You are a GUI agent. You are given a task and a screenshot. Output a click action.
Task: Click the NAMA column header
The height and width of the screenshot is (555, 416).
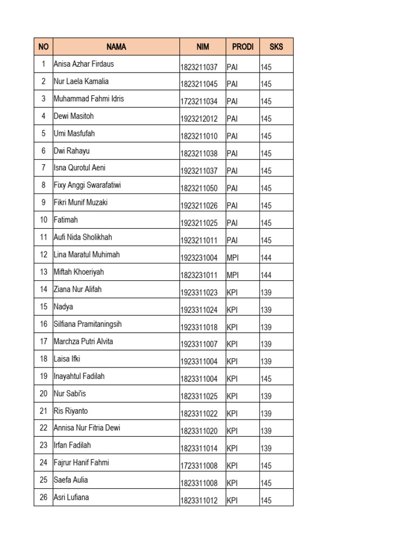[116, 47]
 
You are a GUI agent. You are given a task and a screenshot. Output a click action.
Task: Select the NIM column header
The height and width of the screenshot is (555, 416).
[203, 47]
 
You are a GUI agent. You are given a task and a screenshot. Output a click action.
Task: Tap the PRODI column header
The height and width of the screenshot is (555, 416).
[243, 47]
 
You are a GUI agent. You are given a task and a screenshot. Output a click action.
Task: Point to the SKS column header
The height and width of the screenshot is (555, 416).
[276, 47]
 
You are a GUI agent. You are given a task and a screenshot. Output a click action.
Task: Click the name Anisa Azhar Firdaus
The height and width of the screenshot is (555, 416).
[84, 64]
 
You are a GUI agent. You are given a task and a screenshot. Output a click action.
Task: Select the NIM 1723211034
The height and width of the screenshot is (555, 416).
[199, 101]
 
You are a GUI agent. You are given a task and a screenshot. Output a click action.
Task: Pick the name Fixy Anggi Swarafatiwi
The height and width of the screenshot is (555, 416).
[87, 185]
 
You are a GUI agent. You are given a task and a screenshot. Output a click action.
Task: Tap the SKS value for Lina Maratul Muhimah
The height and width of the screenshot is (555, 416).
[266, 257]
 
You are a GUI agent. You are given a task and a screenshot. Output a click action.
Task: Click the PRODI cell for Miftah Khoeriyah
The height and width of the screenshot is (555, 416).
[232, 275]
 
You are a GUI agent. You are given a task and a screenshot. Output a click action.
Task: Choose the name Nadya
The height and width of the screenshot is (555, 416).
[63, 307]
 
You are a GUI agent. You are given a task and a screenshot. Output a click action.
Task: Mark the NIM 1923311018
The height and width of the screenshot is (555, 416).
[199, 327]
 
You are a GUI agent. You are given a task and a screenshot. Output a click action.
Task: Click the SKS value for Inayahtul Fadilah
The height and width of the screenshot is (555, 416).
[266, 379]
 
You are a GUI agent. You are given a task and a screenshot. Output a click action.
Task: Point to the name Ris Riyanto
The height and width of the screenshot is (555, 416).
[71, 411]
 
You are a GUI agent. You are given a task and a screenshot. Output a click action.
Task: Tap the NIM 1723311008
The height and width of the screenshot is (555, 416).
[199, 466]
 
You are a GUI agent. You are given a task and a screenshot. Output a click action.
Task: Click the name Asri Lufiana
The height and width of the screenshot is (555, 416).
[71, 498]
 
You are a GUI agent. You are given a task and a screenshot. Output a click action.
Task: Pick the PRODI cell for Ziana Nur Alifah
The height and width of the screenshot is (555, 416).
[232, 292]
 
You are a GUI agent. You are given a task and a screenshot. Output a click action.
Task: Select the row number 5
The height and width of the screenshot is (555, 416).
[43, 133]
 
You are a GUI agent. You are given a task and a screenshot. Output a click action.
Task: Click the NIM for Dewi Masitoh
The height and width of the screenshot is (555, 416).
[199, 119]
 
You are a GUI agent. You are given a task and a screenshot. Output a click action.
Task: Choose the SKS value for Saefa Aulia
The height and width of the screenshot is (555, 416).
[266, 483]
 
